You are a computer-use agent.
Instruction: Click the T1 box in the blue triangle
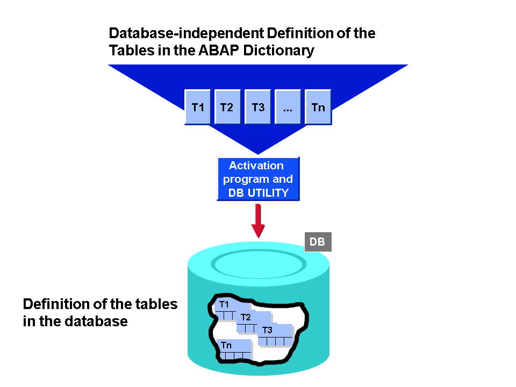coord(198,107)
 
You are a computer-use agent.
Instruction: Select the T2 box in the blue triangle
coord(227,107)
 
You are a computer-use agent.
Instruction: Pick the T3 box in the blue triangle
coord(258,107)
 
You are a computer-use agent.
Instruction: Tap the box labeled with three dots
coord(288,107)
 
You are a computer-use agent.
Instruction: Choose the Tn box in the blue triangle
coord(318,107)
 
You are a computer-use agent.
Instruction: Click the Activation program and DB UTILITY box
coord(258,179)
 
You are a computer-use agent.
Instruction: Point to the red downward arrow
coord(259,220)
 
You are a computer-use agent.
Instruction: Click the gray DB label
coord(318,242)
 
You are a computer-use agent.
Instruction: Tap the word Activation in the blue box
coord(256,166)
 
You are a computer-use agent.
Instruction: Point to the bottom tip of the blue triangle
coord(258,153)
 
